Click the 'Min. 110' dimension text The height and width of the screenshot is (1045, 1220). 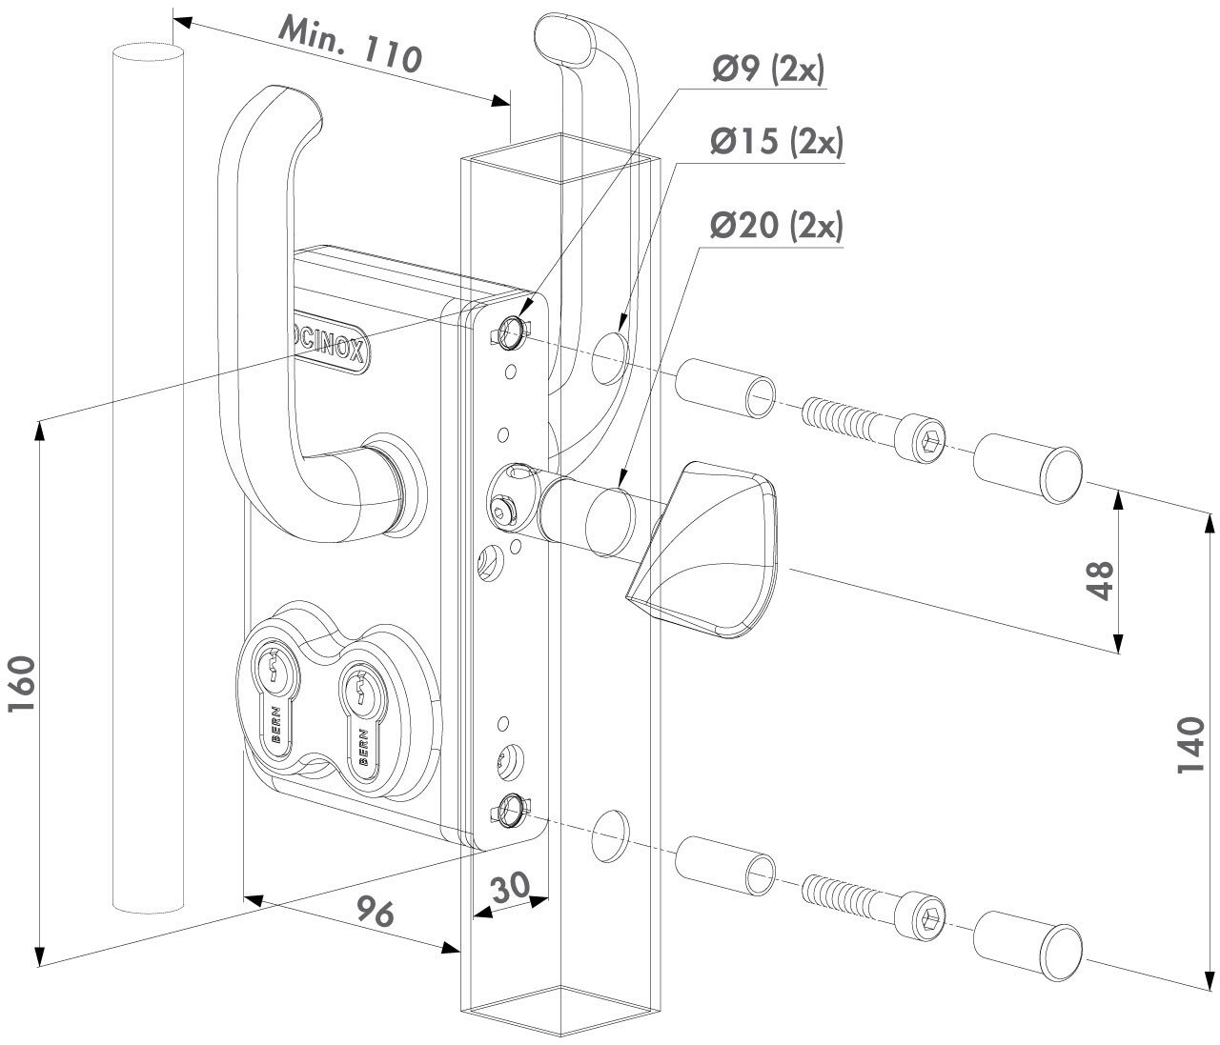[x=349, y=46]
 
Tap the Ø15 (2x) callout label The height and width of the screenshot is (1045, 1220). [x=776, y=143]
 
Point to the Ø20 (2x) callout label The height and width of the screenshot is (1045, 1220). [x=776, y=227]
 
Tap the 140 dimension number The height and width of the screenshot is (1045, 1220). [x=1191, y=747]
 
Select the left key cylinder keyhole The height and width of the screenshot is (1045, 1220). [x=274, y=668]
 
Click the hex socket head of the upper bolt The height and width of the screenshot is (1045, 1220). [x=930, y=438]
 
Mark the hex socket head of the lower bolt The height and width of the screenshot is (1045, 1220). [x=930, y=919]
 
